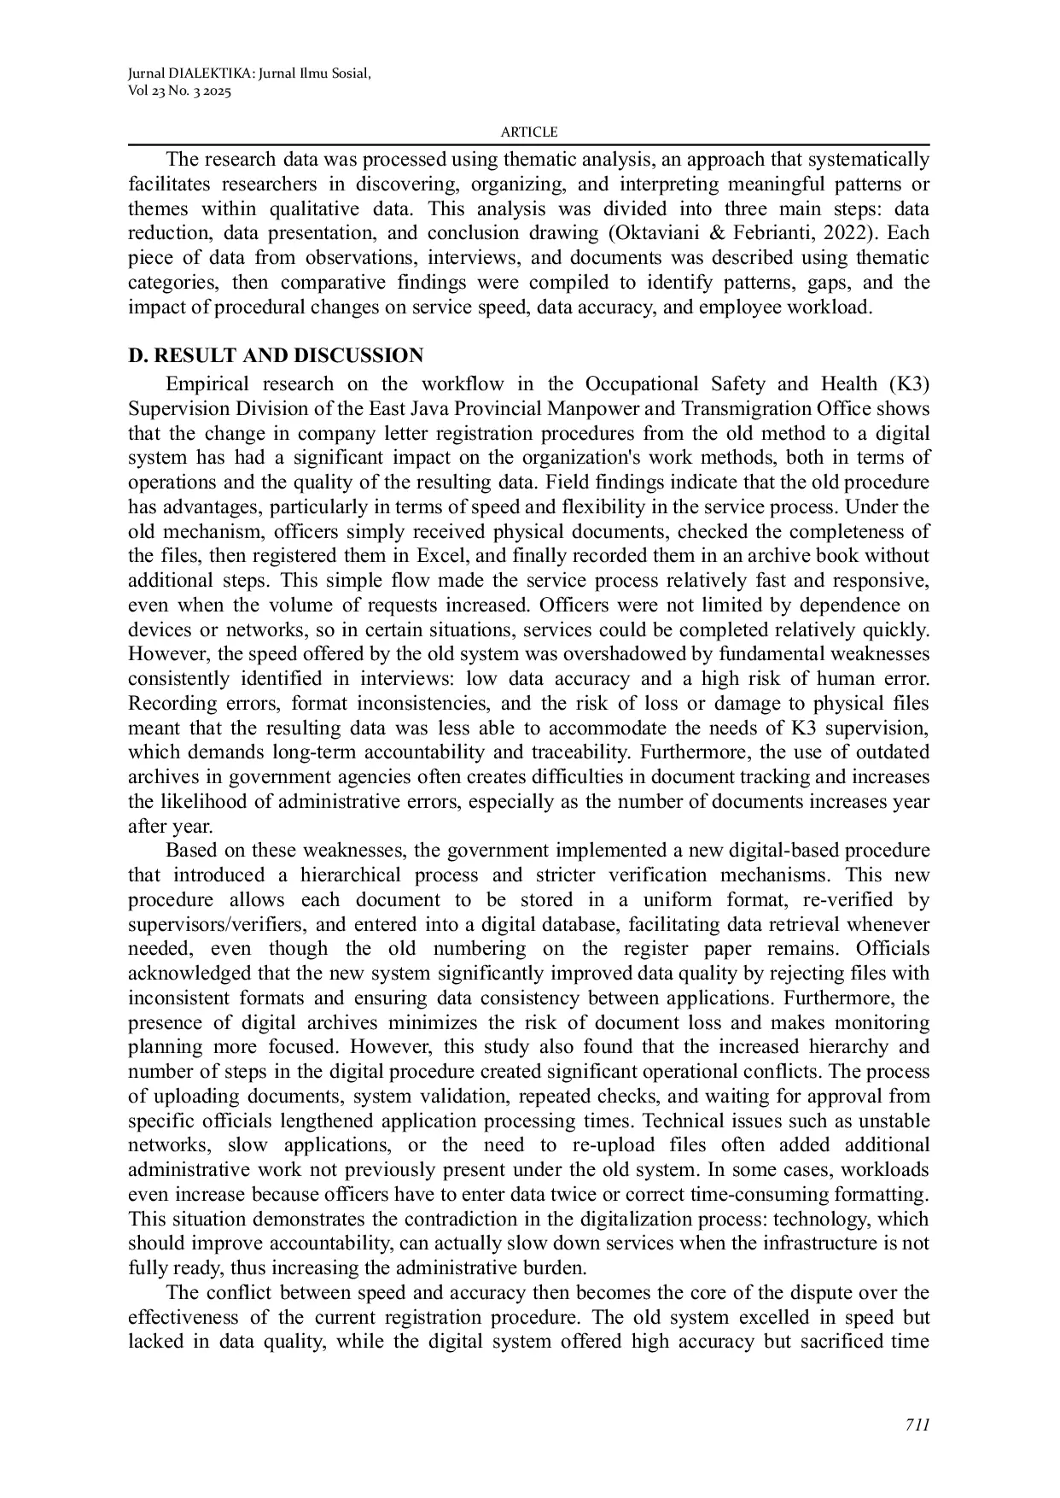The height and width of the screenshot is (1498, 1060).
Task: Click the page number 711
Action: (x=917, y=1424)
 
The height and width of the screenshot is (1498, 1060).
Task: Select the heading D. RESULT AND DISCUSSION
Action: (x=276, y=356)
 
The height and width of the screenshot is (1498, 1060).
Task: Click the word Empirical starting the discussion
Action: (x=207, y=384)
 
